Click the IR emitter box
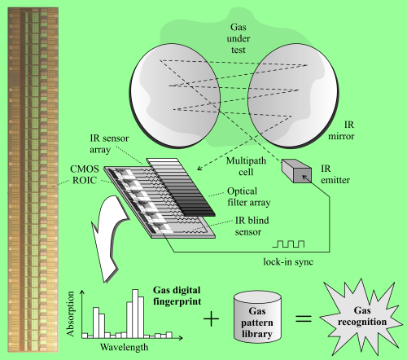pos(296,171)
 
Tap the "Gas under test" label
pos(239,38)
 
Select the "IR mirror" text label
pos(341,130)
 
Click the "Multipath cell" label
pos(246,166)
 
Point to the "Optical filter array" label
pos(249,197)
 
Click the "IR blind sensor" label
pos(252,226)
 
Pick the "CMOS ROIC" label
pos(85,174)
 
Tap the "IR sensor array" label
pos(109,144)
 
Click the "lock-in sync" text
pos(288,261)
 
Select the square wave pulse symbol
pos(288,244)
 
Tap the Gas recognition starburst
pos(362,317)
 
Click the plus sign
pos(211,318)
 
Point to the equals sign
pos(304,318)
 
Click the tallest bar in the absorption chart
pos(135,314)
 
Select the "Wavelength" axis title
pos(125,347)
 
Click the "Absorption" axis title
pos(70,314)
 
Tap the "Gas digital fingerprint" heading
pos(177,296)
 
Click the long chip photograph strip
pos(33,180)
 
